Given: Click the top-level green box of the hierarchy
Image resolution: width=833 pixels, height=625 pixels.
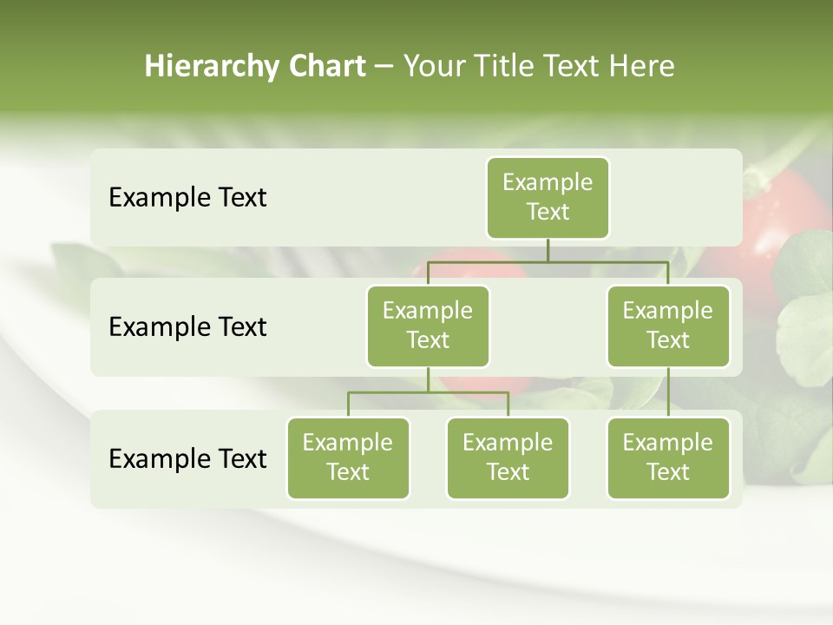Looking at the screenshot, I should click(x=548, y=197).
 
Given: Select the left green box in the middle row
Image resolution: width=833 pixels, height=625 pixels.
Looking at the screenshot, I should click(x=428, y=326).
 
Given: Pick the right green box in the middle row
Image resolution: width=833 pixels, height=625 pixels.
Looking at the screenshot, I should click(x=668, y=326).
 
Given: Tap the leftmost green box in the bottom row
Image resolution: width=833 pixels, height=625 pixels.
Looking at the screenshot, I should click(x=348, y=457).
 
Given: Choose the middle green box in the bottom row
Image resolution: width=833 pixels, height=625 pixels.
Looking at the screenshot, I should click(x=508, y=457).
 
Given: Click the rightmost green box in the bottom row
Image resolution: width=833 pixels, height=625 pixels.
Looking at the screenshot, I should click(x=668, y=457).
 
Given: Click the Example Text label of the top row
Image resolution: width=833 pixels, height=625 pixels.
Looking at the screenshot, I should click(x=187, y=198).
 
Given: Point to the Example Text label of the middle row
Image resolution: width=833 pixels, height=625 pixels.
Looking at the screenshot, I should click(x=187, y=327).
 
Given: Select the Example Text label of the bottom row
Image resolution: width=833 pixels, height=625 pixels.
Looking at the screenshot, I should click(x=187, y=458).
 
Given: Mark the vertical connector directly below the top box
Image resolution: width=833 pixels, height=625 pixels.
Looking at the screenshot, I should click(x=548, y=250).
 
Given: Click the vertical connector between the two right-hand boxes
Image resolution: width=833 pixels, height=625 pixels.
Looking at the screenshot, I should click(x=668, y=392).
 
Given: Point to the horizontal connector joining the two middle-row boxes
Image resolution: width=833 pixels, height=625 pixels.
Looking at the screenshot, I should click(x=548, y=261).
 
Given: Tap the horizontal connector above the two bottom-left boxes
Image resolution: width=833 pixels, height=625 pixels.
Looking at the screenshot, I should click(x=428, y=392).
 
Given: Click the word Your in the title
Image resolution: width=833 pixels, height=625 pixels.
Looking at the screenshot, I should click(x=433, y=67).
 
